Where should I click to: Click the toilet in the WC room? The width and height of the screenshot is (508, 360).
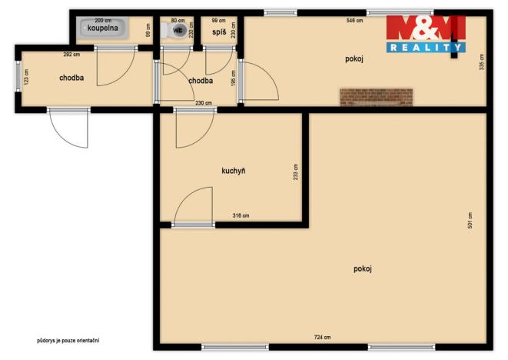point(178,31)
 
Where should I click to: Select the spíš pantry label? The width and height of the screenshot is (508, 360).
point(219,32)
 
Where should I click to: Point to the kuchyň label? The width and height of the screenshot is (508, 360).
point(233,171)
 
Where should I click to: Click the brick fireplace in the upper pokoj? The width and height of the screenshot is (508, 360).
point(377,97)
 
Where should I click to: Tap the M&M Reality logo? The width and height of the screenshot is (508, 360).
point(425,34)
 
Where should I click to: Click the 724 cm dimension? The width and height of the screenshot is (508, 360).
point(323,338)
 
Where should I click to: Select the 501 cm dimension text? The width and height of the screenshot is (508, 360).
point(470,220)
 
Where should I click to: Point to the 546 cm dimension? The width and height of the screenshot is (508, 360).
point(355,21)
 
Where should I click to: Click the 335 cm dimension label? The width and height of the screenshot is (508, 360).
point(480,62)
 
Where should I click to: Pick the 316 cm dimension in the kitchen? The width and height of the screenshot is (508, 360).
point(241,215)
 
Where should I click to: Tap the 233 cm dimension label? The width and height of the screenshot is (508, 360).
point(295,171)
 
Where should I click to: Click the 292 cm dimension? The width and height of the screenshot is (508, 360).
point(71,55)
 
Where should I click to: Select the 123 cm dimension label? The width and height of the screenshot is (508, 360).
point(25,78)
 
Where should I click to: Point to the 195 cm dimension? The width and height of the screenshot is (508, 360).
point(232,79)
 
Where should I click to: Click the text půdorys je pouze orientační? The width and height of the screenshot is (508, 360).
point(68,340)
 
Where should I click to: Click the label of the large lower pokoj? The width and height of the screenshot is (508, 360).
point(363,268)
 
